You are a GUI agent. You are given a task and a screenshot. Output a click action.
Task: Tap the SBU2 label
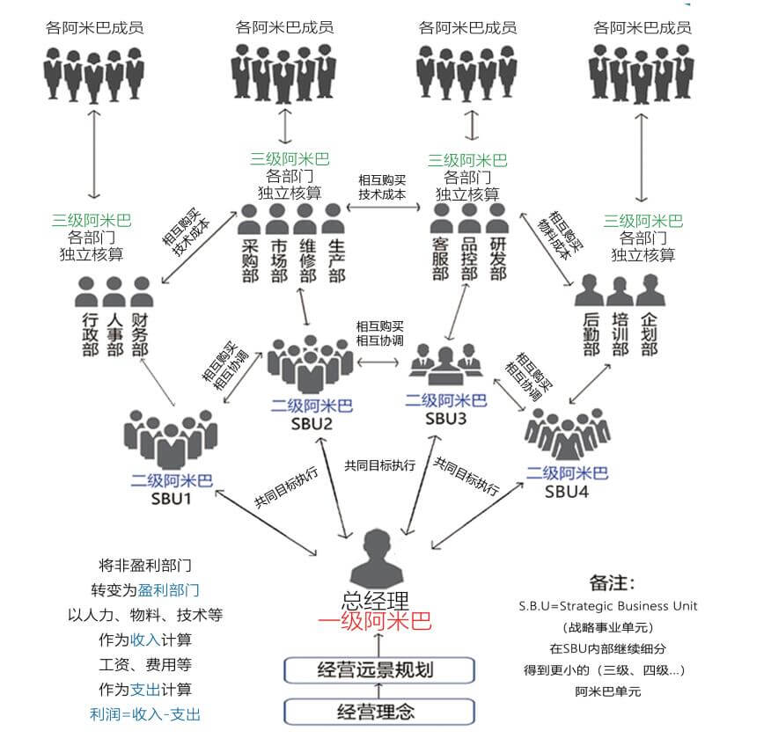(x=312, y=424)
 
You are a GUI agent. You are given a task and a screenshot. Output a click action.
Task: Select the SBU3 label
(x=445, y=418)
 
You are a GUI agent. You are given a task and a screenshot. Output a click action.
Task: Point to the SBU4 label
(x=566, y=491)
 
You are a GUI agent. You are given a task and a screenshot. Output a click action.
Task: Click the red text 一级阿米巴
(x=376, y=623)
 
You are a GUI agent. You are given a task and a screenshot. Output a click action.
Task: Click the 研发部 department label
(x=498, y=260)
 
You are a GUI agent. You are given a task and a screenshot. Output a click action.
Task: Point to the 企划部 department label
(x=650, y=335)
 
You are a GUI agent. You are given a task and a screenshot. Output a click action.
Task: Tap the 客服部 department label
(x=440, y=260)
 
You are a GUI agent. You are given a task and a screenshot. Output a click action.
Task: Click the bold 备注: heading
(x=612, y=583)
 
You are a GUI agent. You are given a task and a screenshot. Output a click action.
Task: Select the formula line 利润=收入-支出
(x=145, y=714)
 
